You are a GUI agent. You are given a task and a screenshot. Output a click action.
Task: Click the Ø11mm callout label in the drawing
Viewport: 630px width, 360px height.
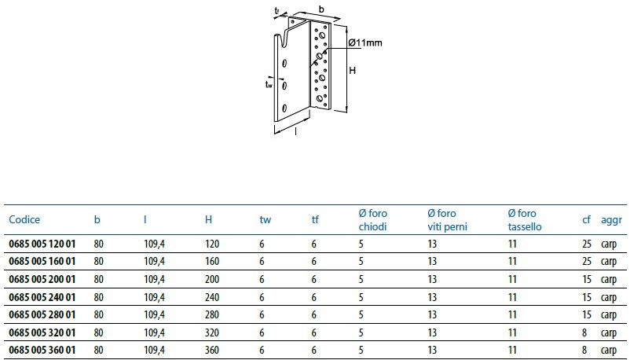pyautogui.click(x=364, y=42)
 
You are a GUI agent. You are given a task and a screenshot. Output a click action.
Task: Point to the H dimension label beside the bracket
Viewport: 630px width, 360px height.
pyautogui.click(x=353, y=71)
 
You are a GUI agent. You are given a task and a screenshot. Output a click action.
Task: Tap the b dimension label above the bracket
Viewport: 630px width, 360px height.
pyautogui.click(x=321, y=9)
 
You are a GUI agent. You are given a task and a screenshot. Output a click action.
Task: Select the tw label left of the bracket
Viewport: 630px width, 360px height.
pyautogui.click(x=269, y=84)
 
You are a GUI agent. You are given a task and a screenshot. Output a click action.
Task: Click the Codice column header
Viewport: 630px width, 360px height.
pyautogui.click(x=24, y=219)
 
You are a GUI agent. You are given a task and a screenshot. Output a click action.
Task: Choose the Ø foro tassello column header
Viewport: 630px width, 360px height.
pyautogui.click(x=524, y=220)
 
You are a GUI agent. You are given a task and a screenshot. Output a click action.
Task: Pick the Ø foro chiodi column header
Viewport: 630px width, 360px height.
pyautogui.click(x=373, y=220)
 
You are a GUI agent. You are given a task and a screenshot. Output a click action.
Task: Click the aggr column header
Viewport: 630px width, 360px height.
pyautogui.click(x=611, y=220)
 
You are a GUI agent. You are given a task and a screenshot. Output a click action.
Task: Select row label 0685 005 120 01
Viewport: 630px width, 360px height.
pyautogui.click(x=42, y=244)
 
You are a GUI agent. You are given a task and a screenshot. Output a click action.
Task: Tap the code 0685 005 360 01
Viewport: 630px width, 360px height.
pyautogui.click(x=42, y=350)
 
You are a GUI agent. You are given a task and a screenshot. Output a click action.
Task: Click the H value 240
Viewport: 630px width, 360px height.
pyautogui.click(x=212, y=297)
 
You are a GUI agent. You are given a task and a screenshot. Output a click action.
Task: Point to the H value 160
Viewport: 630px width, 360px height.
pyautogui.click(x=212, y=262)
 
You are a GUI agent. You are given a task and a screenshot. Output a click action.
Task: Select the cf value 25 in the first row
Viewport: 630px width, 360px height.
pyautogui.click(x=587, y=244)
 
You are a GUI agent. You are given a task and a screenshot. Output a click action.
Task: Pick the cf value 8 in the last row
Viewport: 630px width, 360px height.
pyautogui.click(x=584, y=350)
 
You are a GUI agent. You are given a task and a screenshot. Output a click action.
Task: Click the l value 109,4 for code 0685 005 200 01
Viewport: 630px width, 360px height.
pyautogui.click(x=154, y=280)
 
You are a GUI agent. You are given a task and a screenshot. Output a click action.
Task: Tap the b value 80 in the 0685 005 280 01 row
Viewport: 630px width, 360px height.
pyautogui.click(x=98, y=314)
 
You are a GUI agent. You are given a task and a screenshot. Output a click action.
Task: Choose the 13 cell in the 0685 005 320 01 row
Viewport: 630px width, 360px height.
pyautogui.click(x=432, y=332)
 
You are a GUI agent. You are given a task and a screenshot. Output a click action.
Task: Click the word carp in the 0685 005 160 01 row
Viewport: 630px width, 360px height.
pyautogui.click(x=609, y=263)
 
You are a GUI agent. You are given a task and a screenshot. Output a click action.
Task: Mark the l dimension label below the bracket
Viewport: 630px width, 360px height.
pyautogui.click(x=296, y=131)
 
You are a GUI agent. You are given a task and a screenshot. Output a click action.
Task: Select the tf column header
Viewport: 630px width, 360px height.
pyautogui.click(x=315, y=219)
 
